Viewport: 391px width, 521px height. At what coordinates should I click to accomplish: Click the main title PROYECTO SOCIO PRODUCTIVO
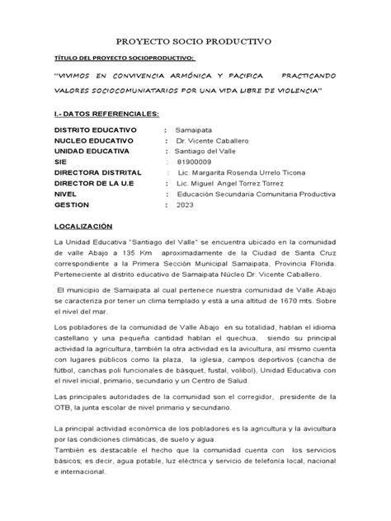point(195,40)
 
